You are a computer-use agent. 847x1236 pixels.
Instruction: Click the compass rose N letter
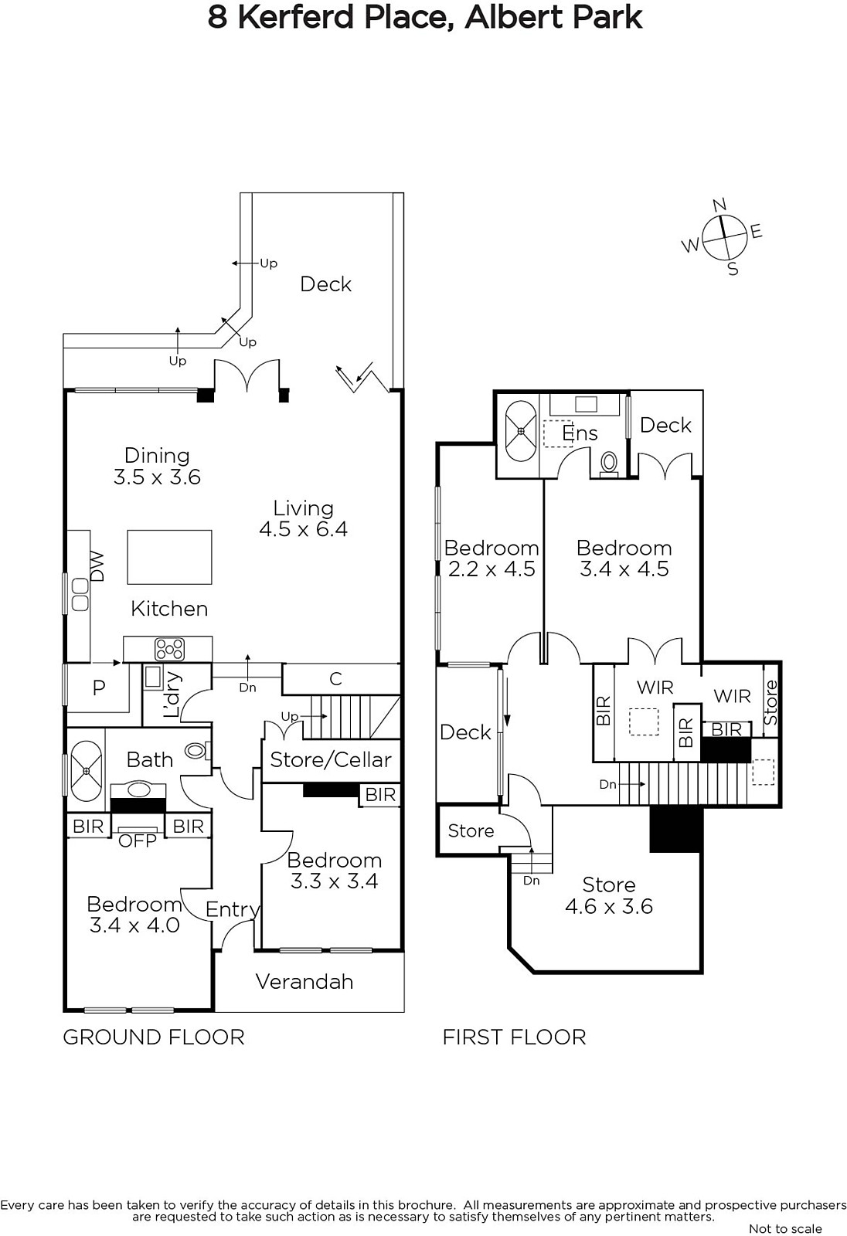[x=719, y=205]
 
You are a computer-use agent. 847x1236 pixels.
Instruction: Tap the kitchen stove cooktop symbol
[x=169, y=649]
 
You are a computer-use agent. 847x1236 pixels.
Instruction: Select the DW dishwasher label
[x=97, y=565]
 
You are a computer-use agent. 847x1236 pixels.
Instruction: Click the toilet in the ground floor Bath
[x=197, y=750]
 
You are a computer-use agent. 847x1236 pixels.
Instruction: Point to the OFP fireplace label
[x=138, y=840]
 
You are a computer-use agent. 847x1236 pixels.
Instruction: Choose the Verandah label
[x=304, y=981]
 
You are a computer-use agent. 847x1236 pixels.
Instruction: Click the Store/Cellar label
[x=331, y=760]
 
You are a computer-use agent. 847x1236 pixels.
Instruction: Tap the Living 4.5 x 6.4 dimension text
[x=303, y=529]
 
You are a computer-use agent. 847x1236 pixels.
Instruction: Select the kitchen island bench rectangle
[x=169, y=557]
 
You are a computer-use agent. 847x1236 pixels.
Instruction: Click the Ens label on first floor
[x=580, y=433]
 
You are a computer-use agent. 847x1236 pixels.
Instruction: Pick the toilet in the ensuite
[x=609, y=464]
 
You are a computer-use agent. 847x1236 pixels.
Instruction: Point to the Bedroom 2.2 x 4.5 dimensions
[x=492, y=569]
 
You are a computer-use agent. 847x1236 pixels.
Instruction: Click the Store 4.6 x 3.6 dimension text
[x=609, y=906]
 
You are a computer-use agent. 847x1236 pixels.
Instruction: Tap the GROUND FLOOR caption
[x=154, y=1037]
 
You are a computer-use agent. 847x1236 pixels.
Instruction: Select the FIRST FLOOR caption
[x=514, y=1037]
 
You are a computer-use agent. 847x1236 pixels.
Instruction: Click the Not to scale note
[x=785, y=1228]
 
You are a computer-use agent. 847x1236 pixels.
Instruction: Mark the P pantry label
[x=99, y=688]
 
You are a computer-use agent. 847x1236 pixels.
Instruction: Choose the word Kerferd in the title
[x=296, y=18]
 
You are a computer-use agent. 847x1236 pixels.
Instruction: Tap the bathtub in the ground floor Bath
[x=87, y=771]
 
